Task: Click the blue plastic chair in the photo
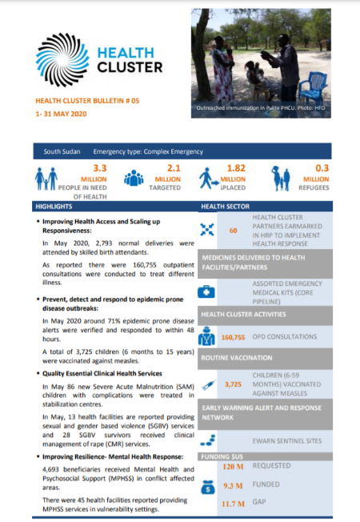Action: point(316,83)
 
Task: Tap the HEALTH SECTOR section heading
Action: point(228,206)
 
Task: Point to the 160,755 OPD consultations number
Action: point(237,336)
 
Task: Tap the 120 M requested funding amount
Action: point(233,465)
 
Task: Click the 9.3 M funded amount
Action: point(234,485)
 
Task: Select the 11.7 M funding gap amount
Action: point(234,503)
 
